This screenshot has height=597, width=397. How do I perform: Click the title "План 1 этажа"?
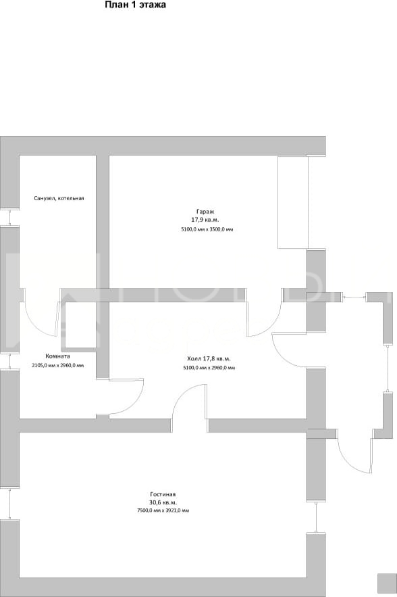point(136,5)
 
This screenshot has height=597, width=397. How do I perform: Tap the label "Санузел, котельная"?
point(59,198)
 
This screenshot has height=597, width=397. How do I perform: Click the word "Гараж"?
point(206,212)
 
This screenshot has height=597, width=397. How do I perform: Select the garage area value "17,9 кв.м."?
point(205,220)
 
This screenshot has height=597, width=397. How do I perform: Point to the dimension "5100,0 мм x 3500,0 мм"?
point(207,230)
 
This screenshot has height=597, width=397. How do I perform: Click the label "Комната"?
point(58,357)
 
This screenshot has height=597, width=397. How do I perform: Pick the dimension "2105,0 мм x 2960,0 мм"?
point(58,366)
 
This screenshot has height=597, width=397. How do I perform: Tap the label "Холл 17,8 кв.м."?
point(209,358)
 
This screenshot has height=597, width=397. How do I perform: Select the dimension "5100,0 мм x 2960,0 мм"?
point(209,368)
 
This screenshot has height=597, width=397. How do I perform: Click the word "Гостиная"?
point(163,494)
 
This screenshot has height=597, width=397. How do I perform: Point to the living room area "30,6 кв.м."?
point(163,502)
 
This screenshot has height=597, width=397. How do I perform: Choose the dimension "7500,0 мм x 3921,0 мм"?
point(163,510)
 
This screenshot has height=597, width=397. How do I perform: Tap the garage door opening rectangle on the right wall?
point(292,203)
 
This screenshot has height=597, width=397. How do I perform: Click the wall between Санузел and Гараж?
point(103,222)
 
